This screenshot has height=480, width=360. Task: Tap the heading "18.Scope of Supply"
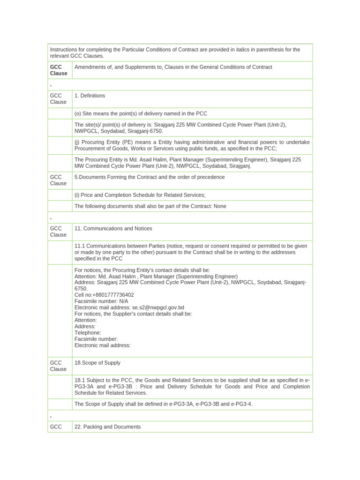(x=97, y=363)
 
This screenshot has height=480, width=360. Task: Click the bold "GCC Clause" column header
(x=59, y=70)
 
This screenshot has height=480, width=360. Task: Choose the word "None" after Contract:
(x=220, y=206)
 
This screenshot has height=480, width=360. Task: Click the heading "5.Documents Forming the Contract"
(x=150, y=177)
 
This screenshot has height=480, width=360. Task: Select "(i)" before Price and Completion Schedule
(x=77, y=195)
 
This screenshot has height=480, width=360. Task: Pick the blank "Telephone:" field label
(x=88, y=333)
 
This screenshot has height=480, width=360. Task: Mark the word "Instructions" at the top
(x=65, y=50)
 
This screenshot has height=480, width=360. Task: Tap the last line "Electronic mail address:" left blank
(x=102, y=345)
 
